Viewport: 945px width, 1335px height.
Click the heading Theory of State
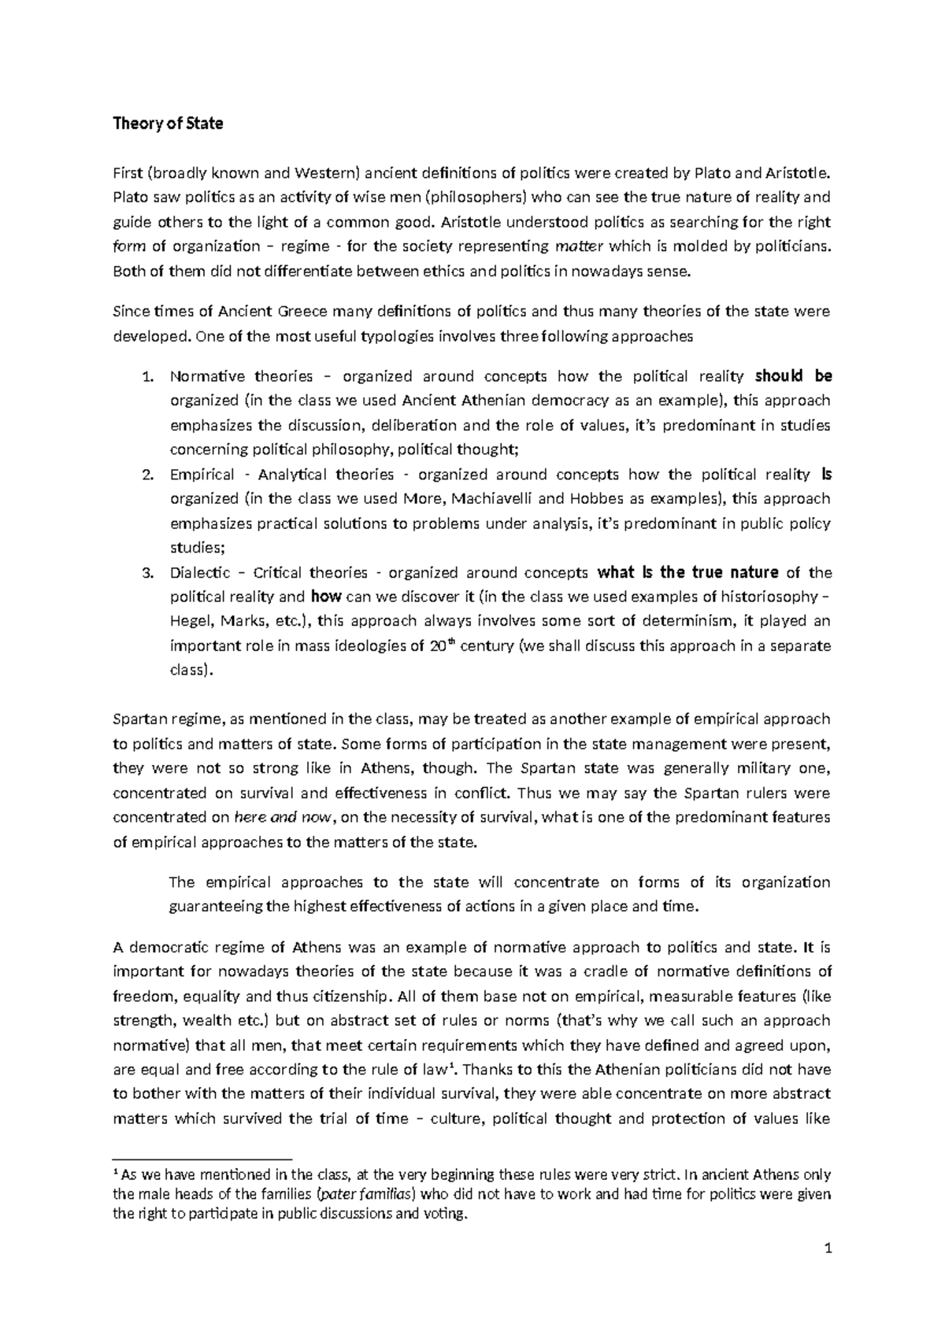pos(168,124)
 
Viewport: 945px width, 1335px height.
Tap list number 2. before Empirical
pos(146,475)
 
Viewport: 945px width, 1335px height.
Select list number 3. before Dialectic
pos(146,573)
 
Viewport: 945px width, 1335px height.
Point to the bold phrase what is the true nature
pos(688,572)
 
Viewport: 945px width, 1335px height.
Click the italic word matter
pos(580,247)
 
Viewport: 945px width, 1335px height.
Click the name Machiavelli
pos(491,499)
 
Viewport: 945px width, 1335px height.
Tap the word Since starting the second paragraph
pos(130,312)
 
